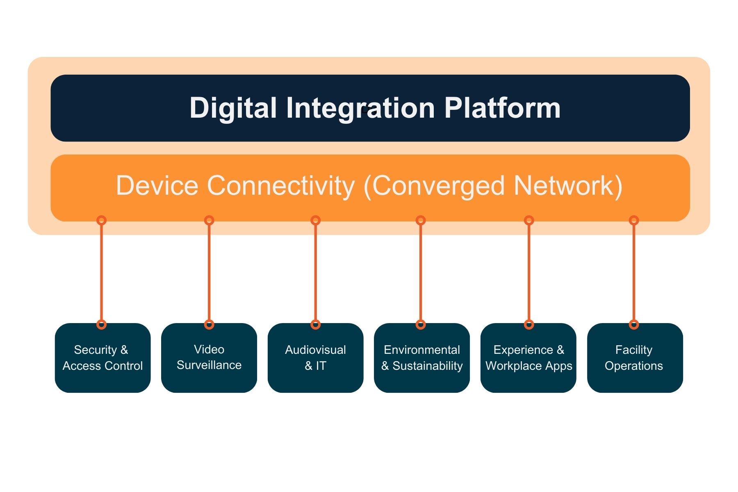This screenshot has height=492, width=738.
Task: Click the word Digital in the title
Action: [233, 108]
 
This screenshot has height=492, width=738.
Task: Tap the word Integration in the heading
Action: [360, 108]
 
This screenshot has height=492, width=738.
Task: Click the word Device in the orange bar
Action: [157, 186]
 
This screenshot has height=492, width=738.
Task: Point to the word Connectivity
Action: [281, 186]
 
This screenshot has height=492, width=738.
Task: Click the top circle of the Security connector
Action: [101, 221]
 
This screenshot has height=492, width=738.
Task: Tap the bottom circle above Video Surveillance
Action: [209, 325]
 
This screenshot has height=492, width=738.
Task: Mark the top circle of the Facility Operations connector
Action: [634, 221]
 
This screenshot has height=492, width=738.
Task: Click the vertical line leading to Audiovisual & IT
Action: [315, 273]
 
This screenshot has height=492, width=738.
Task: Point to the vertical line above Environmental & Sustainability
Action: [421, 273]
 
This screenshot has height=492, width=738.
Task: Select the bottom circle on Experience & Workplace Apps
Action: [529, 325]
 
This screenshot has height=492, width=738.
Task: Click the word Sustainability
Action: [427, 366]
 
